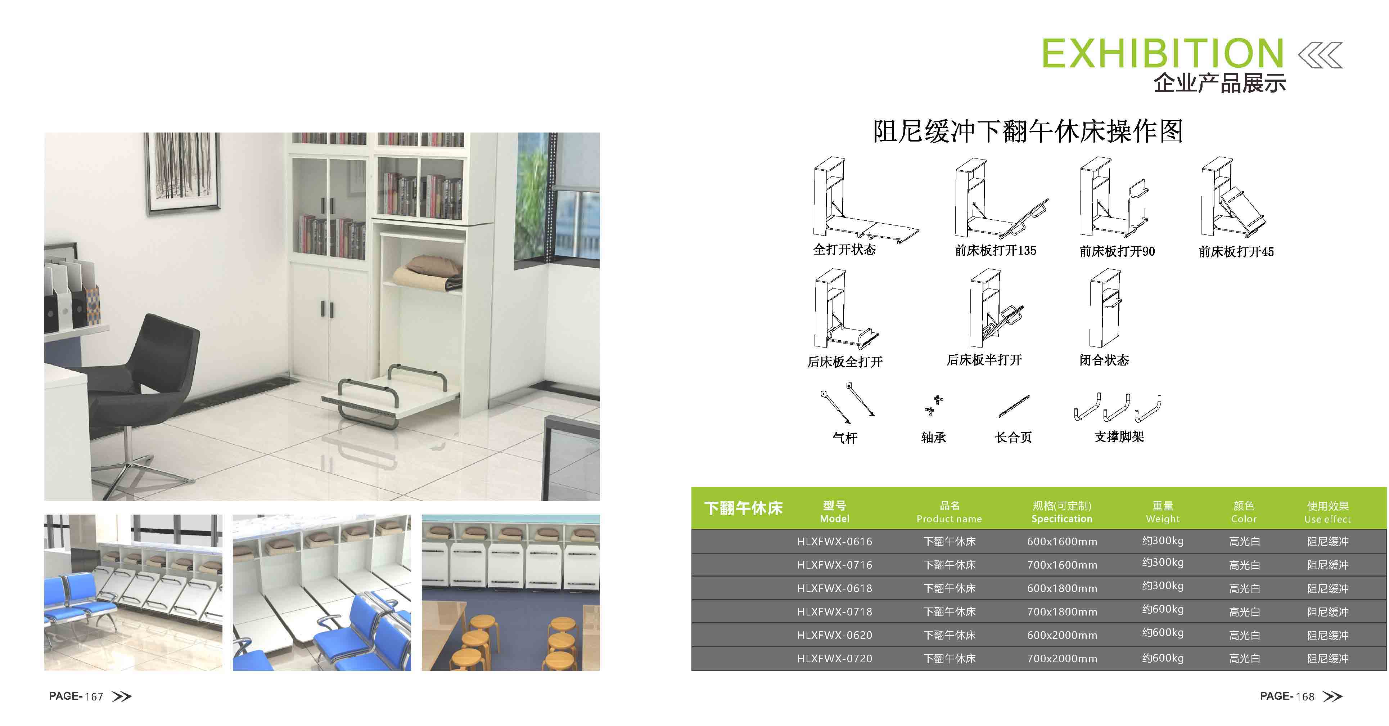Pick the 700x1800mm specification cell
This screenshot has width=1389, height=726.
(x=1062, y=611)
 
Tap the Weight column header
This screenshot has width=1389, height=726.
(x=1163, y=512)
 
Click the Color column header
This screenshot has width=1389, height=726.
(x=1244, y=512)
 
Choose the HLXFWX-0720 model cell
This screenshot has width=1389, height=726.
(x=835, y=659)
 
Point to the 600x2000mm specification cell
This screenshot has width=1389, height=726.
(x=1062, y=635)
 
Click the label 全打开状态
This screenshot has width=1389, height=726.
(x=844, y=249)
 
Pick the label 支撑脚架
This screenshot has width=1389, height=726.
(x=1119, y=436)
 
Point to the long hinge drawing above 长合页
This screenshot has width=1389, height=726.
(x=1014, y=405)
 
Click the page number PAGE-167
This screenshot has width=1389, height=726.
(x=76, y=696)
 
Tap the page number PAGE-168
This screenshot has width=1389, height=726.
(x=1287, y=696)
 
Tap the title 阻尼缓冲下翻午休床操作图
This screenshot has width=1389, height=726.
(x=1028, y=131)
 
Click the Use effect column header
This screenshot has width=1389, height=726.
(x=1327, y=512)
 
